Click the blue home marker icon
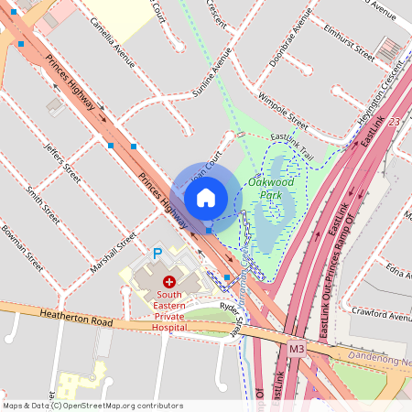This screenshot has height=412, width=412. [x=206, y=197]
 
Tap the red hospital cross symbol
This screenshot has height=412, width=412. [x=168, y=281]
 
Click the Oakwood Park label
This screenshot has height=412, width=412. [x=271, y=188]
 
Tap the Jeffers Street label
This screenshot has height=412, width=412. [x=63, y=162]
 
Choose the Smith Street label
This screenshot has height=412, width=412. [x=43, y=204]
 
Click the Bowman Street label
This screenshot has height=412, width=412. [x=22, y=249]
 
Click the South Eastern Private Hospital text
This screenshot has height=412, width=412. [x=168, y=309]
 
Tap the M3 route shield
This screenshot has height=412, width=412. [x=296, y=349]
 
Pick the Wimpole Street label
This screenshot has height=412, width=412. [x=283, y=106]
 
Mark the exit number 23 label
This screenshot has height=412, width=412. [x=394, y=122]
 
